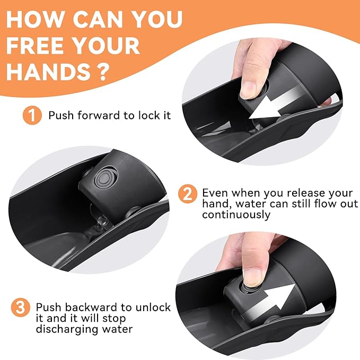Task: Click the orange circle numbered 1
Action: coord(32,115)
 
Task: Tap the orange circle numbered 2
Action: coord(188,194)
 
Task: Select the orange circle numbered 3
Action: coord(21,307)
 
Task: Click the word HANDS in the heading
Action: coord(48,72)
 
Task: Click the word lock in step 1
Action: coord(147,115)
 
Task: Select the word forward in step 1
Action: coord(99,115)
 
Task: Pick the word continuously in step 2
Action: coord(236,215)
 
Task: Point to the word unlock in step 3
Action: coord(153,307)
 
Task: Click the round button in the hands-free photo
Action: coord(104,178)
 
